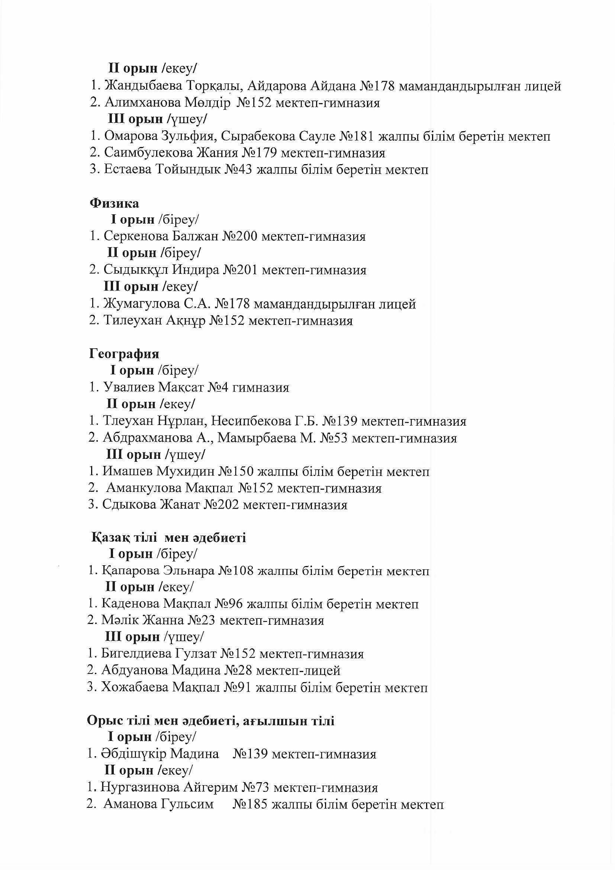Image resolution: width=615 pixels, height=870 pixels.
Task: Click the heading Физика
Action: point(115,204)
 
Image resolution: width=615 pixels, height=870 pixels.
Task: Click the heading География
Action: point(124,354)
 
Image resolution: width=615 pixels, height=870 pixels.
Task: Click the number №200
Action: point(240,236)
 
